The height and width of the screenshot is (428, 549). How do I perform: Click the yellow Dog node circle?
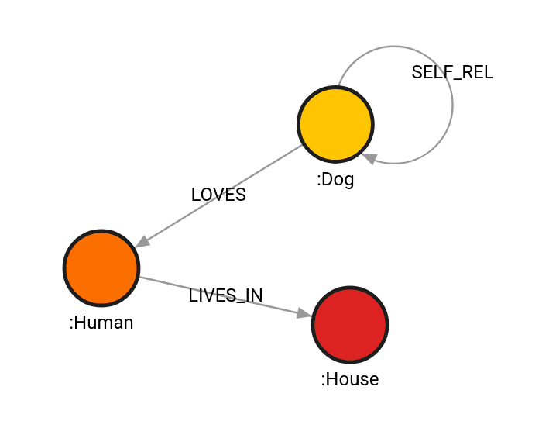[335, 124]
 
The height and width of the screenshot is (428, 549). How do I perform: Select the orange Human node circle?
[101, 267]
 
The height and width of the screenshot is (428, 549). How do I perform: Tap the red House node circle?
[350, 324]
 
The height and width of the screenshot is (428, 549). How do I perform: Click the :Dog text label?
[335, 180]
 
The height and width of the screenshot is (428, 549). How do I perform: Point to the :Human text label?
[101, 323]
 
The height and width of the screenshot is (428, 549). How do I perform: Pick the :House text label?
[350, 379]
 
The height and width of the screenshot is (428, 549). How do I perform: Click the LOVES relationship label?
[218, 195]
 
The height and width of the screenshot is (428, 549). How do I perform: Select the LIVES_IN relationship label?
[225, 295]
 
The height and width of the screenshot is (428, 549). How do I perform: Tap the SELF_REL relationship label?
[452, 73]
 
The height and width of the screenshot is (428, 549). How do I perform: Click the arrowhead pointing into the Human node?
[142, 242]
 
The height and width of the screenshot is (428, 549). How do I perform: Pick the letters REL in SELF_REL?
[478, 73]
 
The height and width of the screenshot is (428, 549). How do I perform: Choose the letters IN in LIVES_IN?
[253, 295]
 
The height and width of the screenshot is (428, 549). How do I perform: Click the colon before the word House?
[324, 380]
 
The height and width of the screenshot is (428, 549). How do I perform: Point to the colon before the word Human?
[72, 323]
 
